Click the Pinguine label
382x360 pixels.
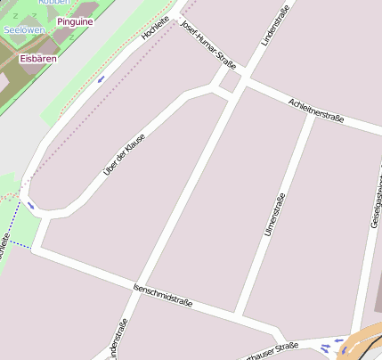(74, 20)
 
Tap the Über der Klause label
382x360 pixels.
(124, 153)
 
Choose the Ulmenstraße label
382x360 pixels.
(274, 215)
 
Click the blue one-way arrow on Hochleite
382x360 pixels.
(101, 78)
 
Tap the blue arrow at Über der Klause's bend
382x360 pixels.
(31, 205)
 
